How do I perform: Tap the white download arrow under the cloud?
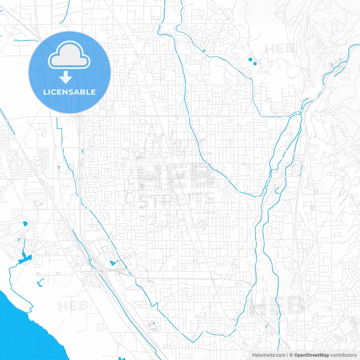pos(66,77)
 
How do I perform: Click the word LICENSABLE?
pos(69,92)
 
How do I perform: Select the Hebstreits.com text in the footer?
pos(269,355)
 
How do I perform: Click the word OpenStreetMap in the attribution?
pos(311,355)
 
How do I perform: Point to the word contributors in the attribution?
pos(343,355)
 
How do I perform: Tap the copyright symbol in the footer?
pos(291,355)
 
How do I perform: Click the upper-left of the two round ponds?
pos(250,59)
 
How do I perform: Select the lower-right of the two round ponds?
pos(255,64)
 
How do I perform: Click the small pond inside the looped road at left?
pos(25,224)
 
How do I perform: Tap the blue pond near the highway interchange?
pos(113,263)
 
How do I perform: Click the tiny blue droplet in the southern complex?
pos(154,323)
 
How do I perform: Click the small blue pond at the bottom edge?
pos(121,358)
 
